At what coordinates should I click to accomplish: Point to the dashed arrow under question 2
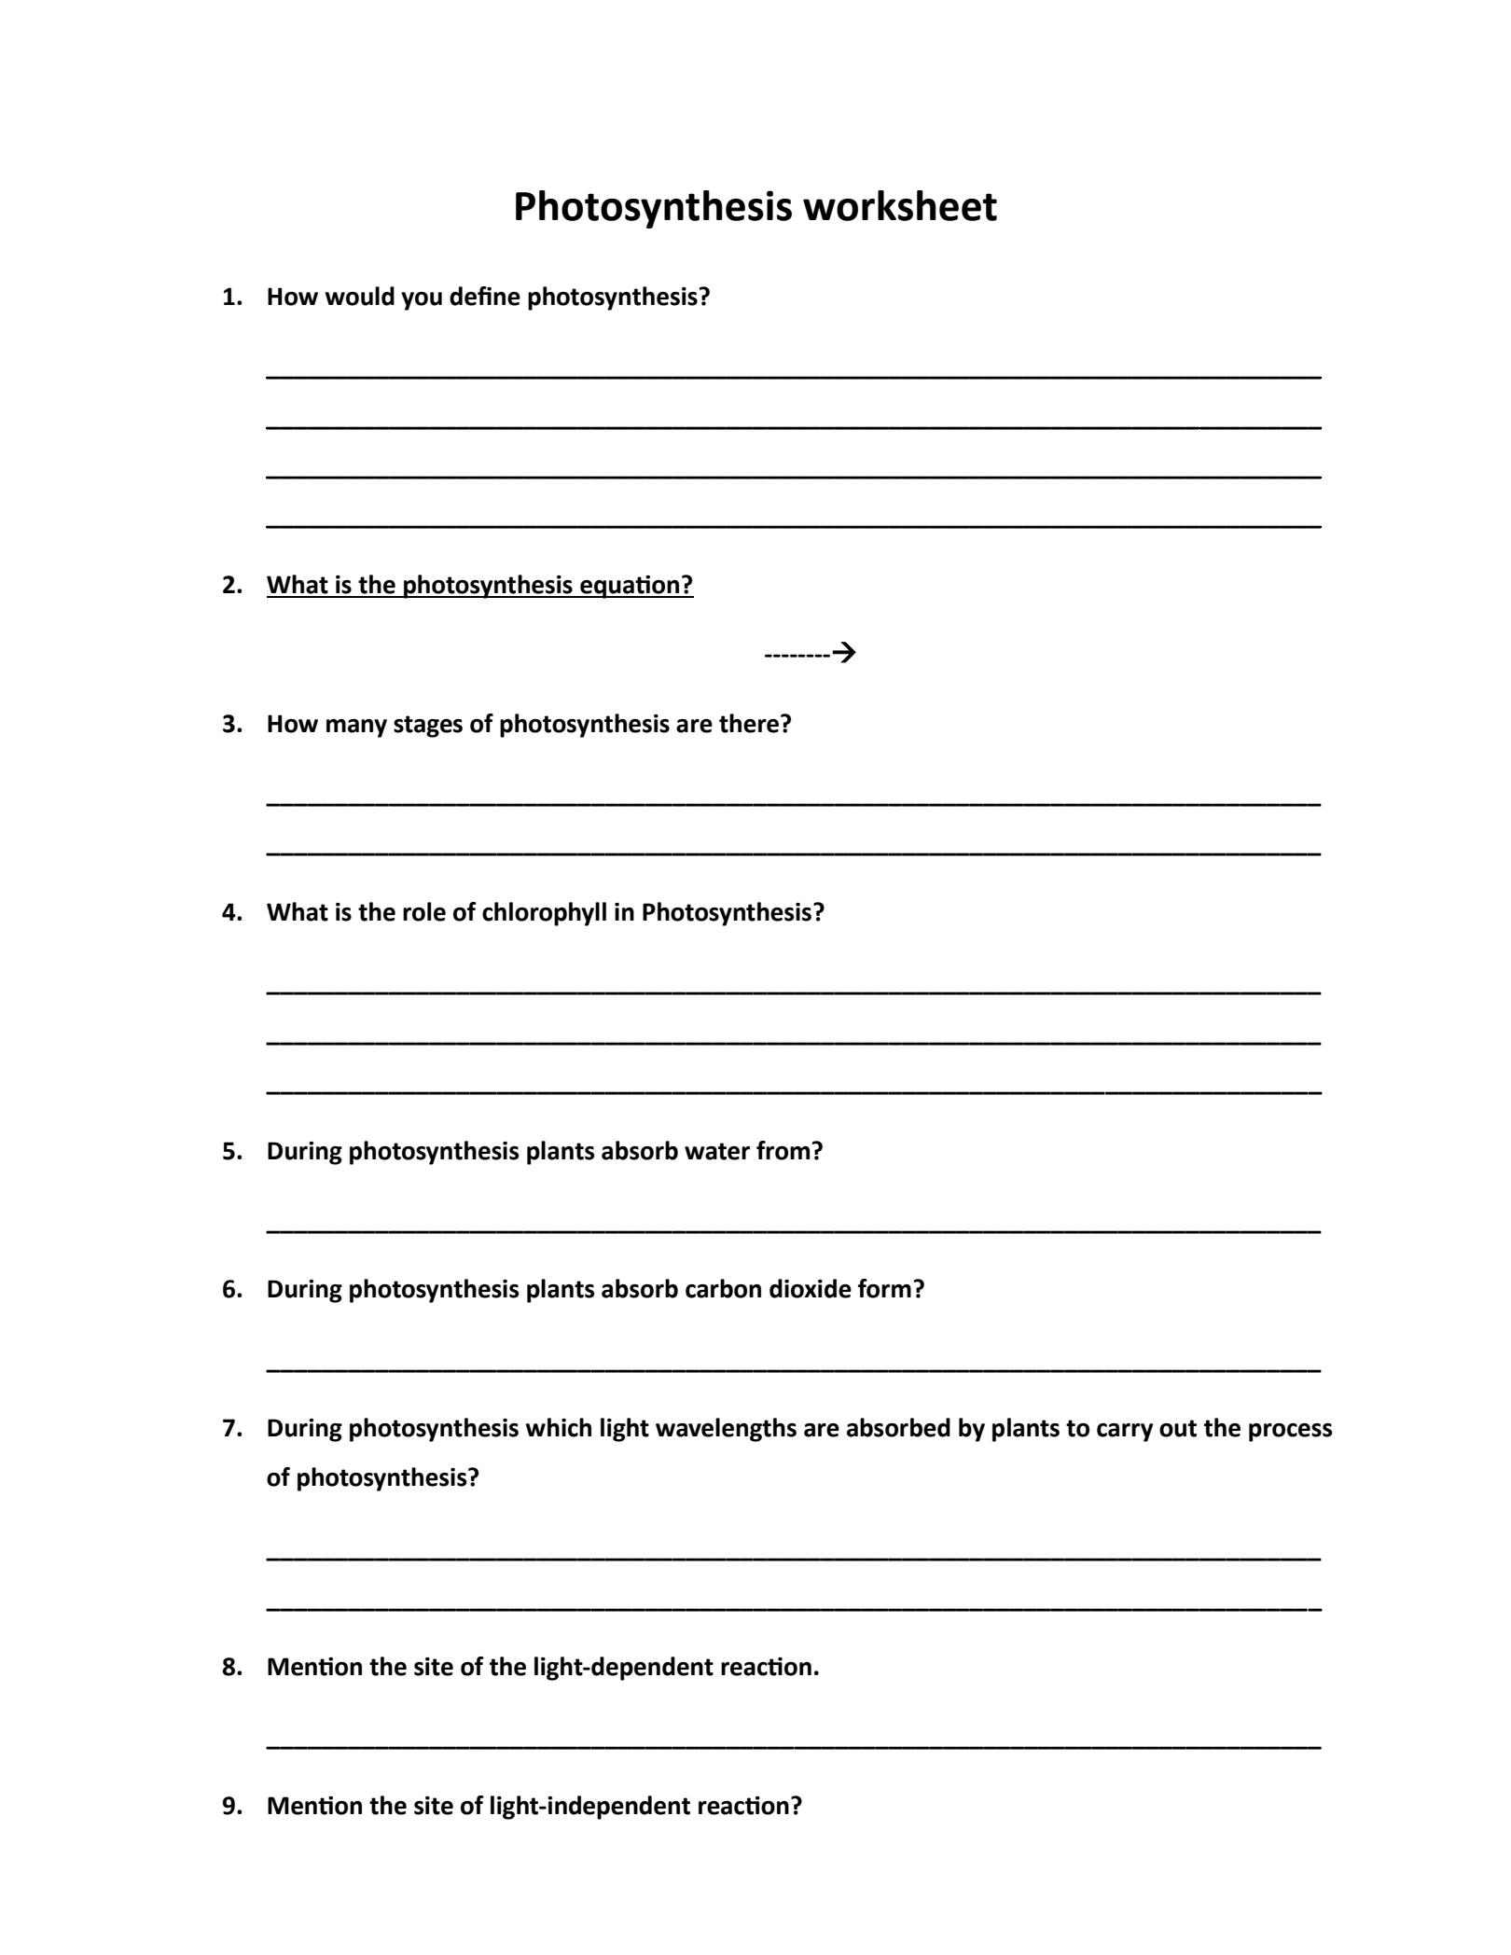(810, 653)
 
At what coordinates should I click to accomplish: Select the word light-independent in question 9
(589, 1807)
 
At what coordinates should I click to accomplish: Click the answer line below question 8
(793, 1745)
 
